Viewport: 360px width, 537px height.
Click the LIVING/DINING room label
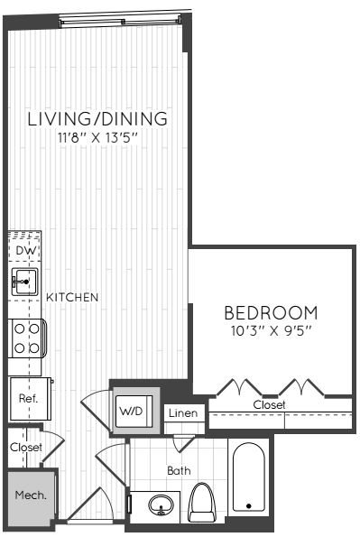97,119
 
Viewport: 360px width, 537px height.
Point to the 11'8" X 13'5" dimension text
97,138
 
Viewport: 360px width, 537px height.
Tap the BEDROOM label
271,312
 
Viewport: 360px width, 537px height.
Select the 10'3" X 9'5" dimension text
271,331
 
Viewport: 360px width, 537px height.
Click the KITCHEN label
72,297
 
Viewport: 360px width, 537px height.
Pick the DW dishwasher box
24,249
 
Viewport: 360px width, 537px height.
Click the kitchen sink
24,282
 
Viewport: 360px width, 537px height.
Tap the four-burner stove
27,338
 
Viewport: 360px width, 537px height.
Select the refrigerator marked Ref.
30,399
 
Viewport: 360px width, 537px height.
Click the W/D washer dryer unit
134,412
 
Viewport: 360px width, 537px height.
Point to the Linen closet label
183,413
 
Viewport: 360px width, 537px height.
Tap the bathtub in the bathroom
249,477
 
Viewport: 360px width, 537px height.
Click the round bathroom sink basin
161,505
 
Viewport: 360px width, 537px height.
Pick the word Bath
179,470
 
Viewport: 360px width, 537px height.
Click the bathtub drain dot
249,505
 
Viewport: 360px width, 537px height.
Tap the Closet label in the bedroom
269,405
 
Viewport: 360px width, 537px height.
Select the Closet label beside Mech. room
26,447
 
